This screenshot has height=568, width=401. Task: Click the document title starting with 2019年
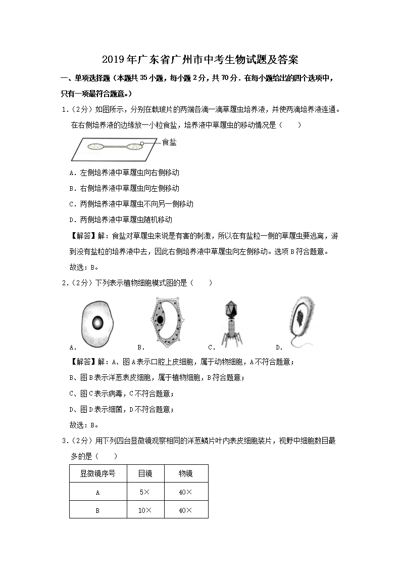click(x=200, y=60)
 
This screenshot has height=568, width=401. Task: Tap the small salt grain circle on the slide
click(x=142, y=145)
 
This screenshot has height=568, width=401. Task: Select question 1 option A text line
click(x=124, y=172)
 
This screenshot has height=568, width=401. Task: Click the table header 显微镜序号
click(x=97, y=474)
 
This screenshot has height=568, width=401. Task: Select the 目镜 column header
click(x=145, y=474)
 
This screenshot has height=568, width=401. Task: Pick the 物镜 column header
click(x=185, y=474)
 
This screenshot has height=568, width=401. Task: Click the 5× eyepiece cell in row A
click(x=145, y=492)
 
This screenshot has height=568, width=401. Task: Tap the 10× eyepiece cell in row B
click(x=145, y=510)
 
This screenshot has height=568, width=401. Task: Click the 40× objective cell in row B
click(x=185, y=510)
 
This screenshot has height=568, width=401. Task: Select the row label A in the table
click(x=97, y=492)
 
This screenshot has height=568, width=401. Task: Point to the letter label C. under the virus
click(x=212, y=347)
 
